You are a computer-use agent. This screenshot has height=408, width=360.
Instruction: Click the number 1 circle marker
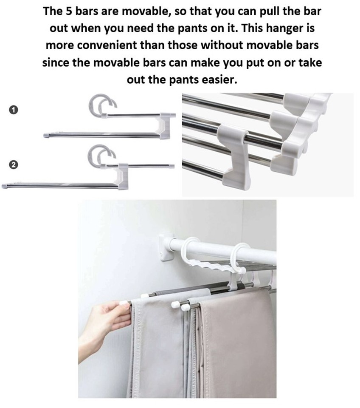tap(14, 110)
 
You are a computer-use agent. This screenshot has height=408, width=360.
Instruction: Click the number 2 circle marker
tap(14, 164)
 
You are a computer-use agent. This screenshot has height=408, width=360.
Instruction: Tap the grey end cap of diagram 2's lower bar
tap(5, 186)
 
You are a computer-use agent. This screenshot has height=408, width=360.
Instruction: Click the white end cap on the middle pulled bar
tap(174, 304)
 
